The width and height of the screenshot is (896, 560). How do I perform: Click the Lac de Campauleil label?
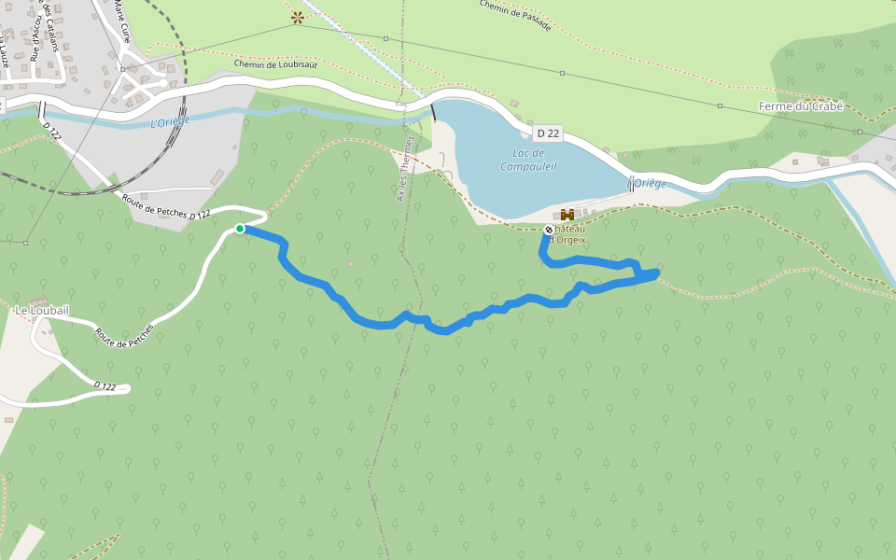click(528, 160)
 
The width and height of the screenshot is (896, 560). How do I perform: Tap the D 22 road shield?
click(548, 133)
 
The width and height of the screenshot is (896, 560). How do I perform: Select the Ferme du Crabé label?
click(800, 106)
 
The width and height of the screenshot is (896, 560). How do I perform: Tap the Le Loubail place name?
click(41, 309)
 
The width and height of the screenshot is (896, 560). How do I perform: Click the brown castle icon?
click(567, 216)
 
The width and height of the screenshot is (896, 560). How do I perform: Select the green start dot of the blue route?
click(240, 228)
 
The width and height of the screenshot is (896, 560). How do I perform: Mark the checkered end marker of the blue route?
click(548, 229)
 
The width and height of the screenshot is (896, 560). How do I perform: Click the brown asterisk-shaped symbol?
click(298, 16)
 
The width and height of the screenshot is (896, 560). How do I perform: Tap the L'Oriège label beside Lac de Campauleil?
click(649, 183)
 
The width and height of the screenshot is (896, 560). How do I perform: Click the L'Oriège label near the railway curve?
click(170, 120)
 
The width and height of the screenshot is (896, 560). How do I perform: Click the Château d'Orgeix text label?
click(569, 233)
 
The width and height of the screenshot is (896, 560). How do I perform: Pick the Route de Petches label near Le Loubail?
click(123, 337)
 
